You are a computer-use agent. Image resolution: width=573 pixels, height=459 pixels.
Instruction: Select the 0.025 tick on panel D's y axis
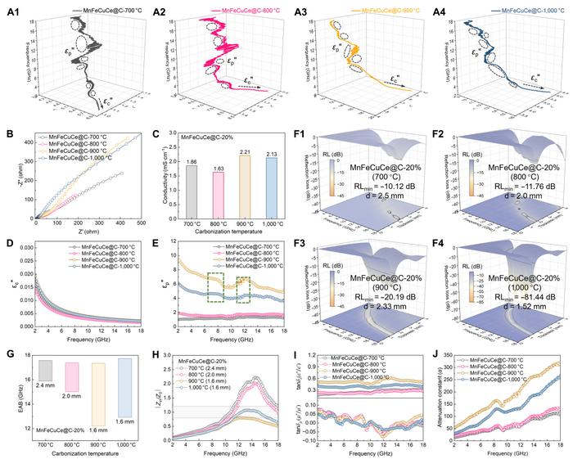click(24, 254)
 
